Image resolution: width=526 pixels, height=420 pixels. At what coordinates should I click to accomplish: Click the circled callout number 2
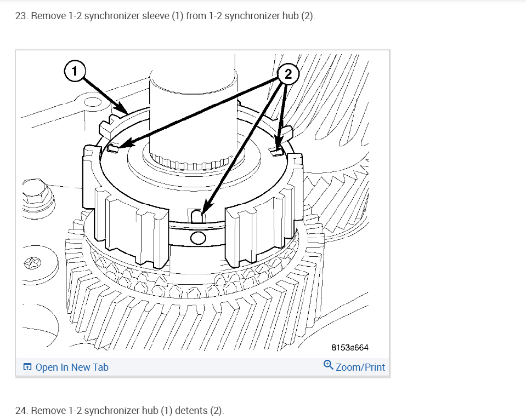point(288,73)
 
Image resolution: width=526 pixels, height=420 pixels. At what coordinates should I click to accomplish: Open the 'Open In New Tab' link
point(72,367)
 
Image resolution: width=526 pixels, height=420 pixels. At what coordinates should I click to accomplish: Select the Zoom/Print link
point(360,367)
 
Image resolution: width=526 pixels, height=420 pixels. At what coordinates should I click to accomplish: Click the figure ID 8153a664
point(349,347)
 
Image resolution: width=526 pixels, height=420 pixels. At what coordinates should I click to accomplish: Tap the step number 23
point(21,15)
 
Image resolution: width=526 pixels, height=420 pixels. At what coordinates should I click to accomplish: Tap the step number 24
point(21,410)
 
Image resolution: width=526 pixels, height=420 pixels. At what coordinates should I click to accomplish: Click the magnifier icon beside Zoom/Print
point(328,365)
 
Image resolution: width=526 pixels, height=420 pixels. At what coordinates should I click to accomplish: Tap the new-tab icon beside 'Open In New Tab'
point(27,367)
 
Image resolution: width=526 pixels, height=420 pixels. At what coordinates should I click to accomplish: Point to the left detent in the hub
point(114,148)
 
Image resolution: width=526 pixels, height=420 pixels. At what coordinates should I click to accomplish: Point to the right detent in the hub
point(278,149)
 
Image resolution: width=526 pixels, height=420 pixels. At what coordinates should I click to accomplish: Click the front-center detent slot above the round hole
point(199,216)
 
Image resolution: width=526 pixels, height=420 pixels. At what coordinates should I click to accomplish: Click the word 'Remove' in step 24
point(48,410)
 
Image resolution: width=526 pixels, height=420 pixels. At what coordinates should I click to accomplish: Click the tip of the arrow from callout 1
point(127,113)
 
